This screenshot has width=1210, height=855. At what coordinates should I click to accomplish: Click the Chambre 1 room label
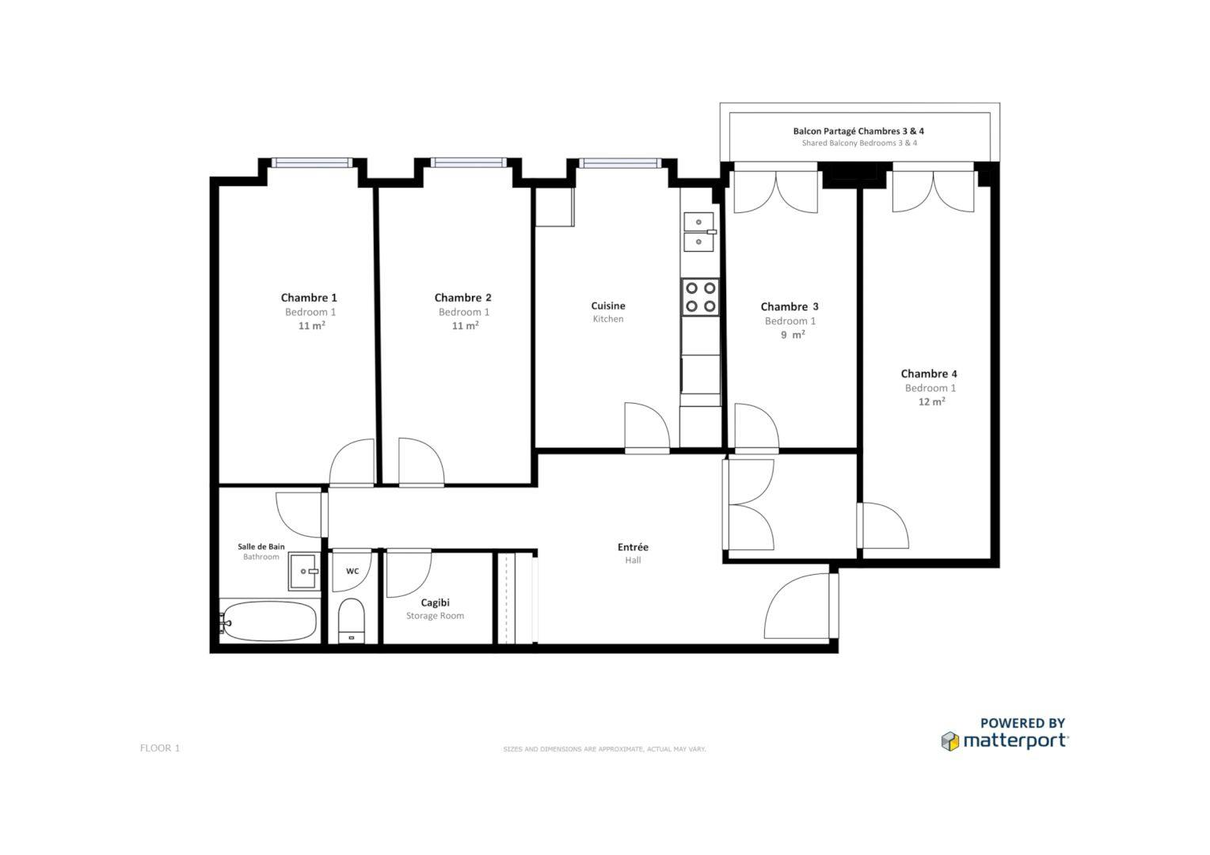(309, 298)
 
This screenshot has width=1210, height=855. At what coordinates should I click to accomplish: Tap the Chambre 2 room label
(462, 298)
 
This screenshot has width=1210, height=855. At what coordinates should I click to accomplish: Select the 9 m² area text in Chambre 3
(792, 335)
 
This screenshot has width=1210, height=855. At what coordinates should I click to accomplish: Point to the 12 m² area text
(931, 401)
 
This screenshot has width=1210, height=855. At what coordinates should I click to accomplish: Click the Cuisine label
(608, 306)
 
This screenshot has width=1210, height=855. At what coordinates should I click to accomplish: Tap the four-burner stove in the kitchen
(700, 297)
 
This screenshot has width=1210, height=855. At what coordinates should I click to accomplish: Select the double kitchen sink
(699, 230)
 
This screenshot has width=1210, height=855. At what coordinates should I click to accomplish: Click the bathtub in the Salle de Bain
(269, 621)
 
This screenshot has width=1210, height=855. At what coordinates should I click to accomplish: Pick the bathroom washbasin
(304, 571)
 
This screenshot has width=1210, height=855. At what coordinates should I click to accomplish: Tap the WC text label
(352, 571)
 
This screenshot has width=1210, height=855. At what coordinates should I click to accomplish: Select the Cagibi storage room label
(435, 602)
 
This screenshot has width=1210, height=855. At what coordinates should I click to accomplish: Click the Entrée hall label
(633, 547)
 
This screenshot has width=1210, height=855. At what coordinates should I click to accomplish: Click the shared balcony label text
(858, 131)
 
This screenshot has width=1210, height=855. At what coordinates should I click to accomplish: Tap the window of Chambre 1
(311, 163)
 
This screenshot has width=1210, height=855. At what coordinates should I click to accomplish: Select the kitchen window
(619, 163)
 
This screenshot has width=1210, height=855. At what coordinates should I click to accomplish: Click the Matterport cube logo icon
(949, 741)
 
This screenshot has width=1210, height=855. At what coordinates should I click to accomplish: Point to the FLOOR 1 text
(160, 748)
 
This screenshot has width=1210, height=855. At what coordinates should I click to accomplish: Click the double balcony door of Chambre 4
(934, 190)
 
